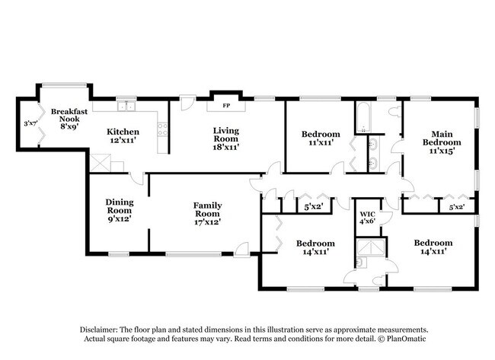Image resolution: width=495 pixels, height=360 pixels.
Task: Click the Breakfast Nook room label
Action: click(x=65, y=120)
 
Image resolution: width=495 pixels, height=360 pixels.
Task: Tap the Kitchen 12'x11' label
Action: click(x=122, y=136)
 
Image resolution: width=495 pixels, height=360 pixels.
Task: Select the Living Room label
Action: click(x=225, y=135)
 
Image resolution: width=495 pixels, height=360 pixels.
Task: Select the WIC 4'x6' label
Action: click(x=368, y=217)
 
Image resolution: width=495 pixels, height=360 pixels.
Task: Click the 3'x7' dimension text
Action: click(x=30, y=123)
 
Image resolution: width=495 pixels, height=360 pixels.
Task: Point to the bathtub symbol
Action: click(x=361, y=115)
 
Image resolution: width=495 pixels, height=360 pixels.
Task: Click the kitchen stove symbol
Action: click(x=161, y=129)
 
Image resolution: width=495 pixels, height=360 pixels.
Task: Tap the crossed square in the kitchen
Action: click(x=100, y=163)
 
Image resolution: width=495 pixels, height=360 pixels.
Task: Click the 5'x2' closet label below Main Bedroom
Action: click(x=457, y=206)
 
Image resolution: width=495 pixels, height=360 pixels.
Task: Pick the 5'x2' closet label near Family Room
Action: click(x=313, y=206)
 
